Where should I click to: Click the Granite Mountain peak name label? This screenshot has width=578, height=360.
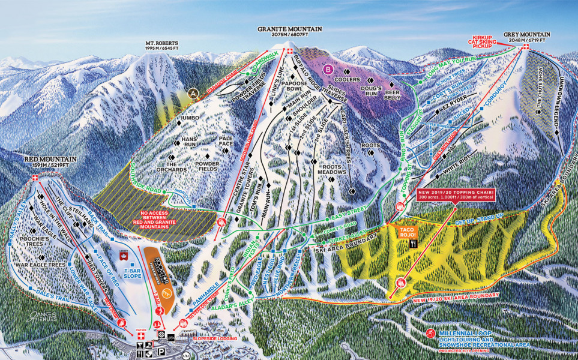[x=290, y=29]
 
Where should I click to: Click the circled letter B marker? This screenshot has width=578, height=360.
[x=328, y=69]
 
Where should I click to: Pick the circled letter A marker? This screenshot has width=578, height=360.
[x=193, y=94]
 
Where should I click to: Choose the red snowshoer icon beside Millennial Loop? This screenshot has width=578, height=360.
[x=430, y=334]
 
